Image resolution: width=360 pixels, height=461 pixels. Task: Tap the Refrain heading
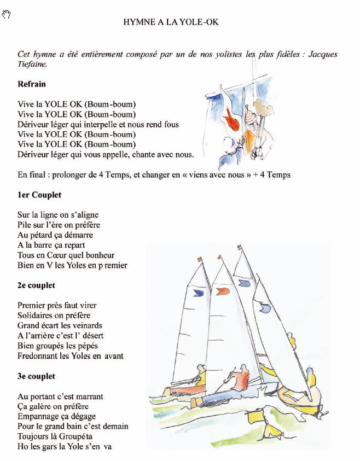click(x=32, y=84)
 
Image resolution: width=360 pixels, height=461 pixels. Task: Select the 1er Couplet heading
click(x=39, y=195)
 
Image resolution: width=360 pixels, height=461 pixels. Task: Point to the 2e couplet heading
click(x=36, y=285)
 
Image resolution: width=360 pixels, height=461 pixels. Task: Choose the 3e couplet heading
click(x=36, y=376)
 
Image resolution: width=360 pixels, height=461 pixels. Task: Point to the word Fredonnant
click(x=37, y=356)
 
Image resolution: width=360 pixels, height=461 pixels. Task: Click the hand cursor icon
click(x=7, y=15)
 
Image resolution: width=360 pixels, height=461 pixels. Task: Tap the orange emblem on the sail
click(x=223, y=291)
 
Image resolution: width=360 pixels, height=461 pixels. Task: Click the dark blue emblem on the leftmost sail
click(x=199, y=293)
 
